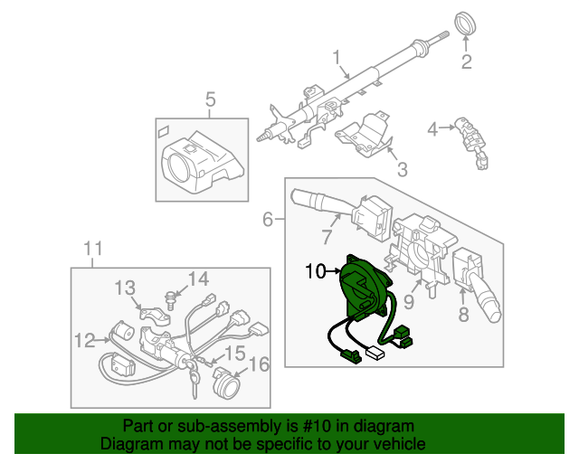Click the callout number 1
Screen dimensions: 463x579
pyautogui.click(x=338, y=60)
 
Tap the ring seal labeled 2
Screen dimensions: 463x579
pyautogui.click(x=466, y=24)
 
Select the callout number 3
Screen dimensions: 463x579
pyautogui.click(x=402, y=167)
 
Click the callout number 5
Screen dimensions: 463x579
pyautogui.click(x=210, y=99)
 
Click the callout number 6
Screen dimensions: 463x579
pyautogui.click(x=269, y=219)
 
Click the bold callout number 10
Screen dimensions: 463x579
pyautogui.click(x=315, y=269)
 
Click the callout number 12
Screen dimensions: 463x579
pyautogui.click(x=84, y=341)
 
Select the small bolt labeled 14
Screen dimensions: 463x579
pyautogui.click(x=171, y=296)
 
